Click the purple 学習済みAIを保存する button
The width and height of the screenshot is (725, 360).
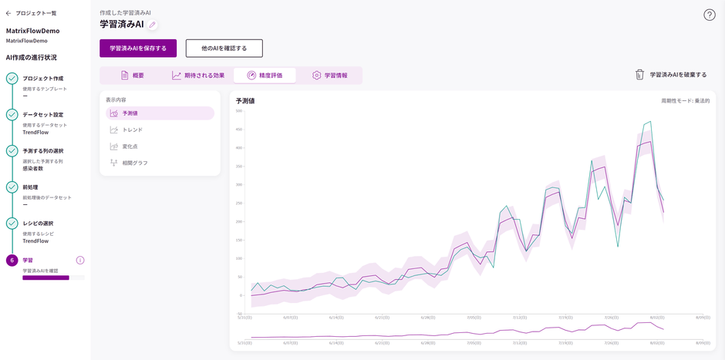[138, 49]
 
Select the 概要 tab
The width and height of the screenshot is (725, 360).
[132, 76]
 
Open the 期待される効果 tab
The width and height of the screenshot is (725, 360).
[198, 76]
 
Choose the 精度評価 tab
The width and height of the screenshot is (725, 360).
[265, 76]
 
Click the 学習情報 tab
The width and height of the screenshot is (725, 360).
[329, 76]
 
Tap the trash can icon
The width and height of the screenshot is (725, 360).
[639, 75]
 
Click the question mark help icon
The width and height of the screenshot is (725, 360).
[710, 15]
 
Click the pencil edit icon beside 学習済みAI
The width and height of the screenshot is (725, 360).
[153, 25]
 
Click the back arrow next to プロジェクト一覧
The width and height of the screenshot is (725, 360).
[8, 13]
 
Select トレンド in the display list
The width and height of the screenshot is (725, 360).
[133, 130]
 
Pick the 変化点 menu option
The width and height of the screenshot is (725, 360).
[130, 146]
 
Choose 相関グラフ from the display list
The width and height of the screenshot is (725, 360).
[135, 163]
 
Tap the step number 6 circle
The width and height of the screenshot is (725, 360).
[12, 261]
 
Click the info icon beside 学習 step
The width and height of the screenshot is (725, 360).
[80, 261]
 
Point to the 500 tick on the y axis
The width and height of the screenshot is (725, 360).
[239, 111]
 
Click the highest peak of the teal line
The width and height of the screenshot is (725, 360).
[651, 122]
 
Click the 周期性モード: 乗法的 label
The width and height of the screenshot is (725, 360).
[685, 101]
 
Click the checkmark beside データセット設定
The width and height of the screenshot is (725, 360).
[12, 115]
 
